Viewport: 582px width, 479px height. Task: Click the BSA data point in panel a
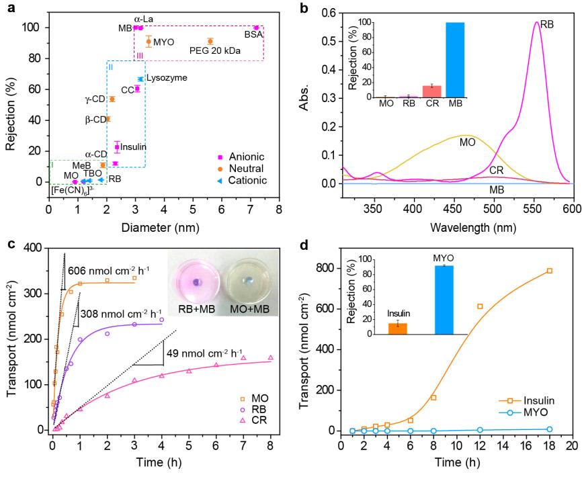coord(255,28)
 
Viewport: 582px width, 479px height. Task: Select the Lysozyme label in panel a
coord(167,78)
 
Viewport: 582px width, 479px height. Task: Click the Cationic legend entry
coord(245,180)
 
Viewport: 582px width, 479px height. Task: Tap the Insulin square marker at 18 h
coord(549,271)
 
